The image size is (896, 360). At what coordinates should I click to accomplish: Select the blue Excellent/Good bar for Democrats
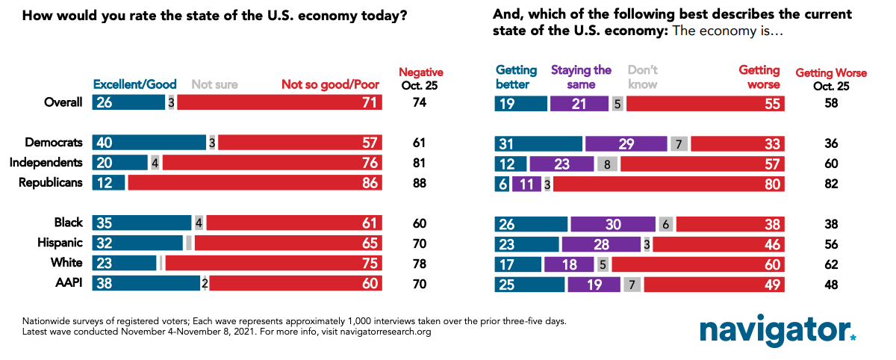(x=149, y=142)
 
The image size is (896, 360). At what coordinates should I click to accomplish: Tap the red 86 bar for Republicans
(x=255, y=181)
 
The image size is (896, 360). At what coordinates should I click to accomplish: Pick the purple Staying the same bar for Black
(x=612, y=223)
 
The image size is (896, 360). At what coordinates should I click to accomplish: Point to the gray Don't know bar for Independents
(x=607, y=162)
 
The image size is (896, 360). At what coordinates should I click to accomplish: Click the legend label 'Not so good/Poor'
(x=331, y=84)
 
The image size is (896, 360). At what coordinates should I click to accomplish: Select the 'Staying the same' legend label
(x=581, y=77)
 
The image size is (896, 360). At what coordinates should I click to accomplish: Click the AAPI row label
(x=68, y=283)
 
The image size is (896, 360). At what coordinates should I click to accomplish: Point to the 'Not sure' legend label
(x=215, y=84)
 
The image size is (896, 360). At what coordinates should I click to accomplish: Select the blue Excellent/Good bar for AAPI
(x=146, y=283)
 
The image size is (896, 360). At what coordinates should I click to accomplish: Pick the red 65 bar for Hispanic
(x=287, y=243)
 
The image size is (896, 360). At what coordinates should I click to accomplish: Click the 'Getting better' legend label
(x=516, y=77)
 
